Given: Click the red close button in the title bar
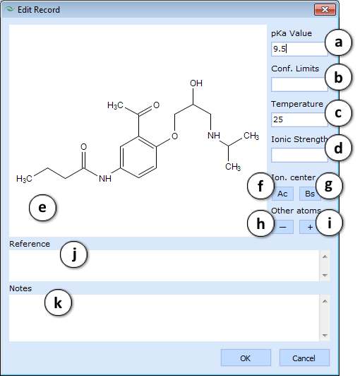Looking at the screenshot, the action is pyautogui.click(x=325, y=10).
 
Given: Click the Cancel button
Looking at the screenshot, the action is pyautogui.click(x=304, y=358).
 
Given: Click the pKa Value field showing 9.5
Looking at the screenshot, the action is pyautogui.click(x=299, y=49).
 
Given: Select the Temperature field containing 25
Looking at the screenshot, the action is pyautogui.click(x=299, y=119).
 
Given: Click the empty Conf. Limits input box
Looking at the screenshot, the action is pyautogui.click(x=299, y=84).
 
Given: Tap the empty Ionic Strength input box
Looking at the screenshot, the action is pyautogui.click(x=299, y=155).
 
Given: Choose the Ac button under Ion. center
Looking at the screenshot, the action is pyautogui.click(x=282, y=194).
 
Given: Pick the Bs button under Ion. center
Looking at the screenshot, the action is pyautogui.click(x=309, y=194).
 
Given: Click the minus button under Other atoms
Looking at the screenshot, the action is pyautogui.click(x=283, y=227).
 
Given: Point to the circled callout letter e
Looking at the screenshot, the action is pyautogui.click(x=42, y=208).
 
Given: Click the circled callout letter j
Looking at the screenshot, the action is pyautogui.click(x=74, y=254).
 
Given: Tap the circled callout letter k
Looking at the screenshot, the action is pyautogui.click(x=58, y=302).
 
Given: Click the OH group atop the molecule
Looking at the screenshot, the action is pyautogui.click(x=196, y=83).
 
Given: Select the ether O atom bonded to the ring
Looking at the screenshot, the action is pyautogui.click(x=174, y=136).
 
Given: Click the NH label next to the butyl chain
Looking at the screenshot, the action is pyautogui.click(x=105, y=178).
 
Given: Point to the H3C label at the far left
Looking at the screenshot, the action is pyautogui.click(x=24, y=179).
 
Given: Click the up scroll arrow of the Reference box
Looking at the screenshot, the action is pyautogui.click(x=325, y=257).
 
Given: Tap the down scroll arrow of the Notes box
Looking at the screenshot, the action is pyautogui.click(x=325, y=335).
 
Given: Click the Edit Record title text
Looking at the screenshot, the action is pyautogui.click(x=39, y=10).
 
